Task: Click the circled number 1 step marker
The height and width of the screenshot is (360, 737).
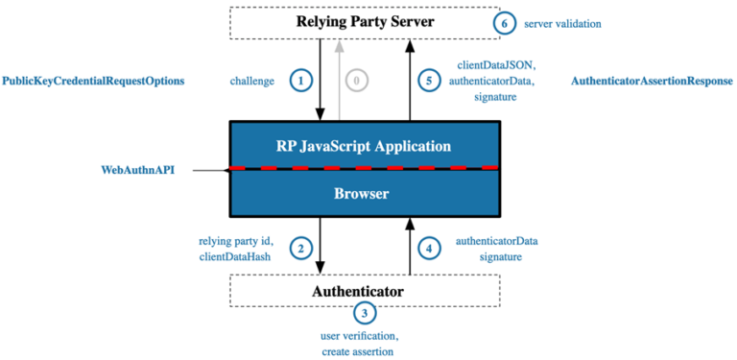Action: point(302,82)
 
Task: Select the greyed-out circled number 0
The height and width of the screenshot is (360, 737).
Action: point(356,82)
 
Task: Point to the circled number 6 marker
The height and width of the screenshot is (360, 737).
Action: point(504,22)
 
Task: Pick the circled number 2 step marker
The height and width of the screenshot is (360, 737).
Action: point(301,249)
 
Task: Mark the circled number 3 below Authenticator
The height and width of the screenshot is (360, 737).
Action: point(365,312)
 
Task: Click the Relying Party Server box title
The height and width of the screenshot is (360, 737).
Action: point(364,22)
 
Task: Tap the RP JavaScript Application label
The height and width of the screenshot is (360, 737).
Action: point(363,147)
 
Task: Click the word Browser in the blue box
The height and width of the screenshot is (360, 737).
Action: point(361,194)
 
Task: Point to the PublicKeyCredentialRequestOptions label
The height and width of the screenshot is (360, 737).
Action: point(93,82)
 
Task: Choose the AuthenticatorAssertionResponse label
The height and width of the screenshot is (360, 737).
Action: point(652,82)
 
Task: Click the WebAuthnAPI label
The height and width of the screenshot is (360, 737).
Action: point(137,170)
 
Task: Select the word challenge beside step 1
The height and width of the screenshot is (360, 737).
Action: point(252,82)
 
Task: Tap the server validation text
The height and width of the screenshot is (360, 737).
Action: point(563,22)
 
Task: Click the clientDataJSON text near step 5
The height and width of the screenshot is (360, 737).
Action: point(492,64)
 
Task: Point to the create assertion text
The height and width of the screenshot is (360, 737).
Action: point(358,352)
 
